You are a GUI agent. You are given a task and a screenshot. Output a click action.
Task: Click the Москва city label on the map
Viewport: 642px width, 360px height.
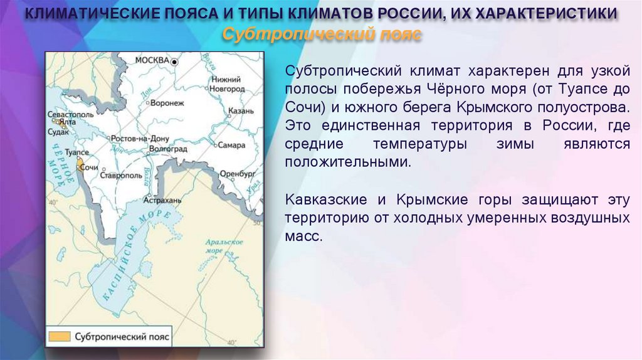coord(152,60)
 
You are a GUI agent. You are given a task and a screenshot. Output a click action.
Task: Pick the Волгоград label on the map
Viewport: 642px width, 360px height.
coord(168,149)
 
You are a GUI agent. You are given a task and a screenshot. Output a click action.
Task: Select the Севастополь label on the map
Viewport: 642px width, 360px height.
coord(70,115)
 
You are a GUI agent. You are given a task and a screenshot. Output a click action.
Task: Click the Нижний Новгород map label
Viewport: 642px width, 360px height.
coord(227,84)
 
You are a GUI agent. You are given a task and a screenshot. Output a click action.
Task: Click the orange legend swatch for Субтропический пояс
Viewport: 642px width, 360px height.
coord(59,336)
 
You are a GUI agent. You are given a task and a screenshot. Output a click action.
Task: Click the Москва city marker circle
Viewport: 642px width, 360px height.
coord(176,61)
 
